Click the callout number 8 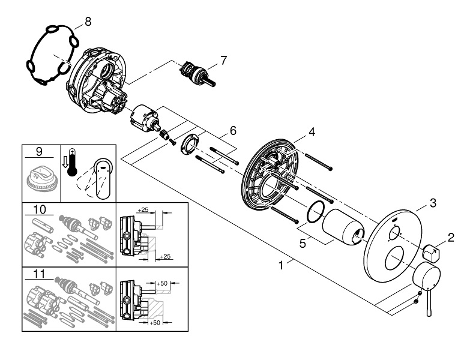point(88,22)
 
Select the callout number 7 point(224,61)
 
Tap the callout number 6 point(233,130)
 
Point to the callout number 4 point(312,132)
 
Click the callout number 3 point(433,203)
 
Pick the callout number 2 point(451,238)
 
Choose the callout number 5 point(303,244)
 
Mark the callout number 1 point(281,265)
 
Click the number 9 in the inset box point(39,152)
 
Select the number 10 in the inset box point(40,209)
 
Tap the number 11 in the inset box point(39,274)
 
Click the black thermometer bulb point(72,171)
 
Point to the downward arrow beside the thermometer point(65,162)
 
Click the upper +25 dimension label point(143,209)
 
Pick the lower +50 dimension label point(155,322)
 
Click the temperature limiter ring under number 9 point(40,181)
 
